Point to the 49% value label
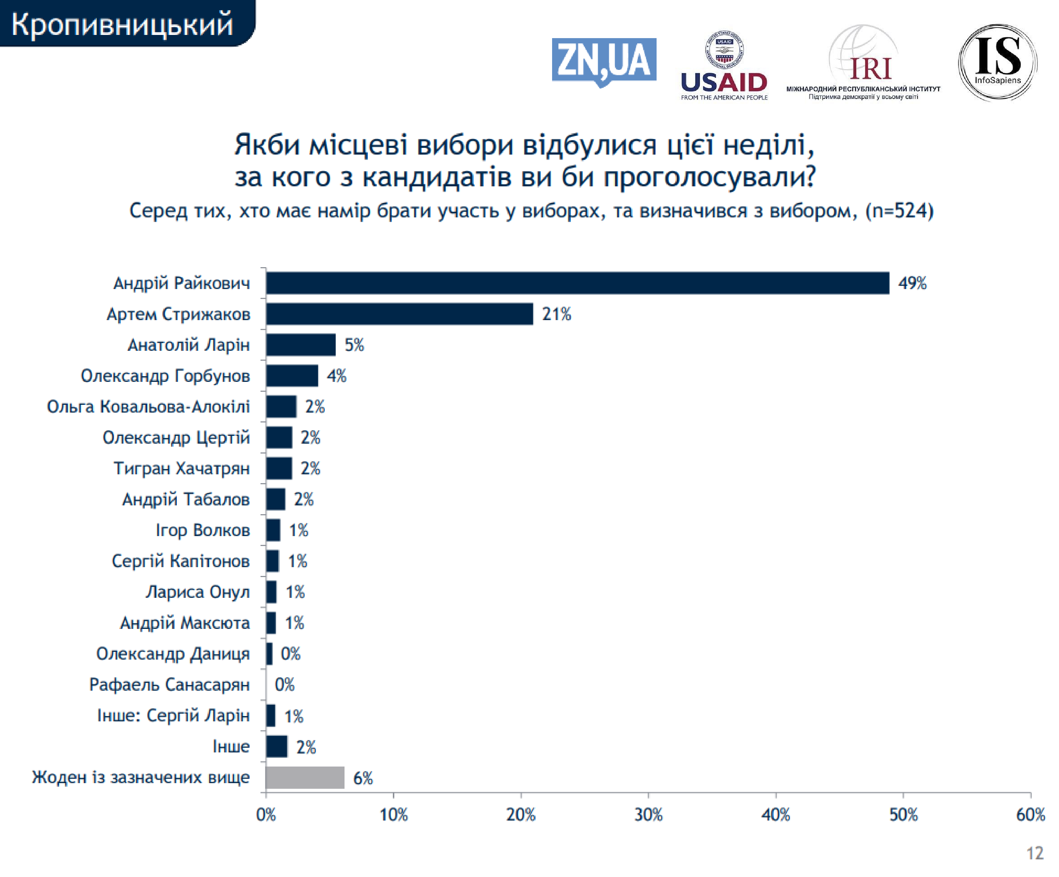pyautogui.click(x=912, y=283)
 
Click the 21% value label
pyautogui.click(x=556, y=314)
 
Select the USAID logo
pyautogui.click(x=724, y=66)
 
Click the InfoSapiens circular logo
pyautogui.click(x=997, y=62)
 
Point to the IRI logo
pyautogui.click(x=863, y=63)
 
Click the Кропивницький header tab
pyautogui.click(x=122, y=24)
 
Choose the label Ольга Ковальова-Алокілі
pyautogui.click(x=148, y=406)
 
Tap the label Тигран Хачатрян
pyautogui.click(x=181, y=468)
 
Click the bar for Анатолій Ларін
pyautogui.click(x=300, y=345)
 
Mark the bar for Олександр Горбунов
pyautogui.click(x=292, y=376)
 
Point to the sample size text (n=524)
pyautogui.click(x=899, y=211)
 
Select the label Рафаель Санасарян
pyautogui.click(x=169, y=684)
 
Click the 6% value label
pyautogui.click(x=363, y=778)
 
